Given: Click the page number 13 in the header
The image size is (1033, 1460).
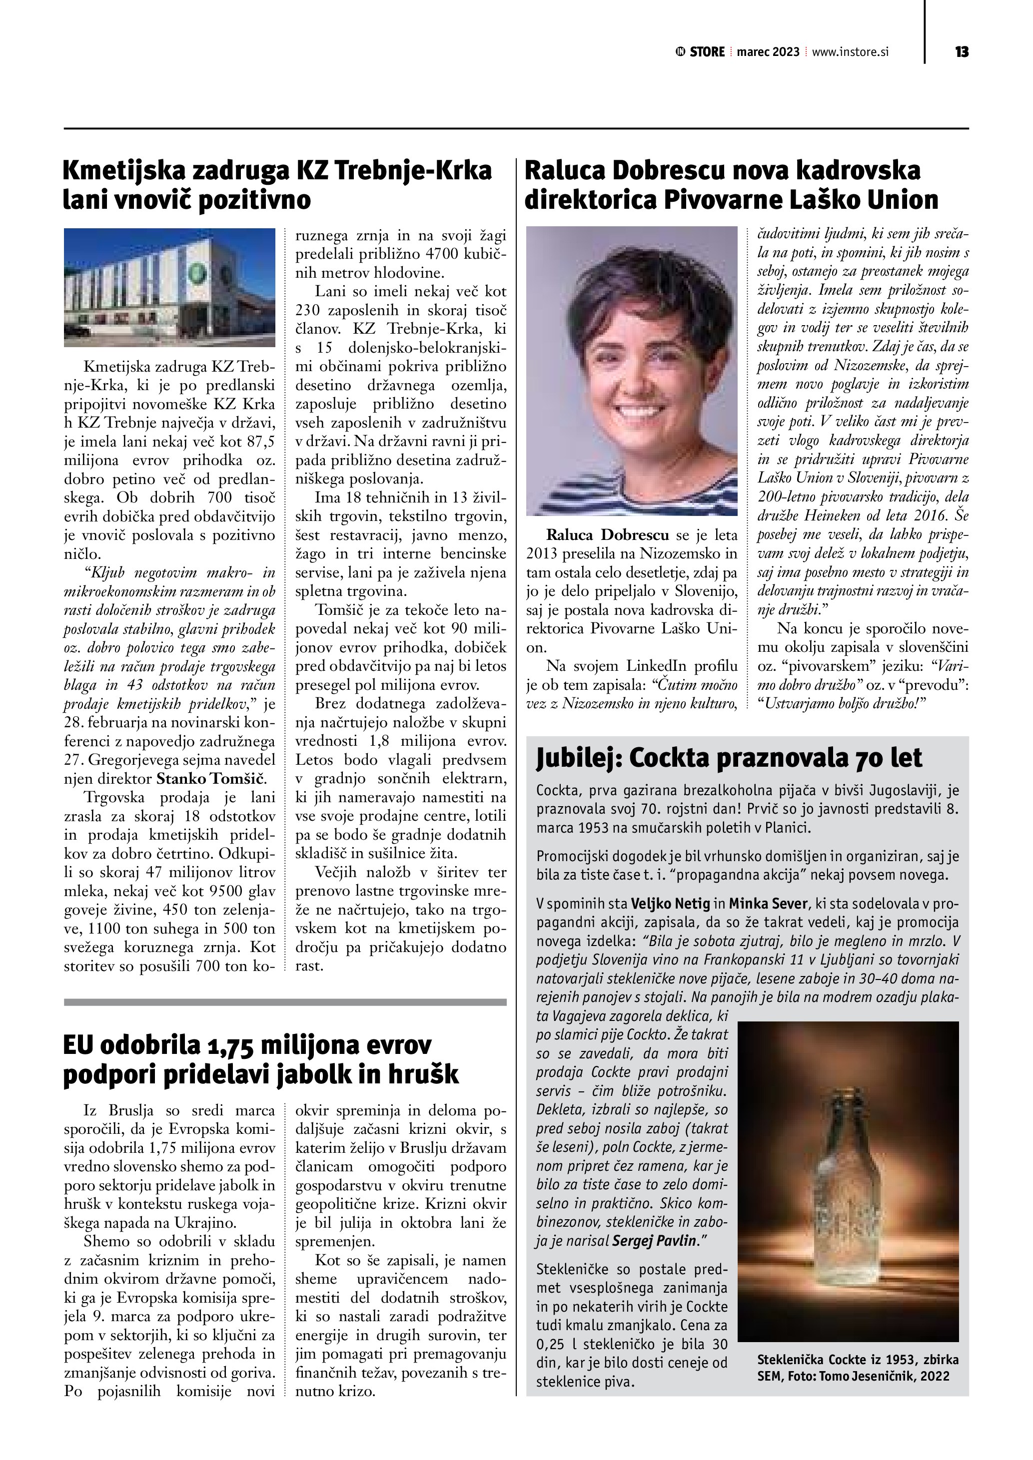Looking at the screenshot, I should tap(961, 52).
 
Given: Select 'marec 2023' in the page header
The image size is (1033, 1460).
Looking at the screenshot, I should tap(768, 52).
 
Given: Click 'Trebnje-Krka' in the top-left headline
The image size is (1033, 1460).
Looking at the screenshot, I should tap(413, 170).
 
